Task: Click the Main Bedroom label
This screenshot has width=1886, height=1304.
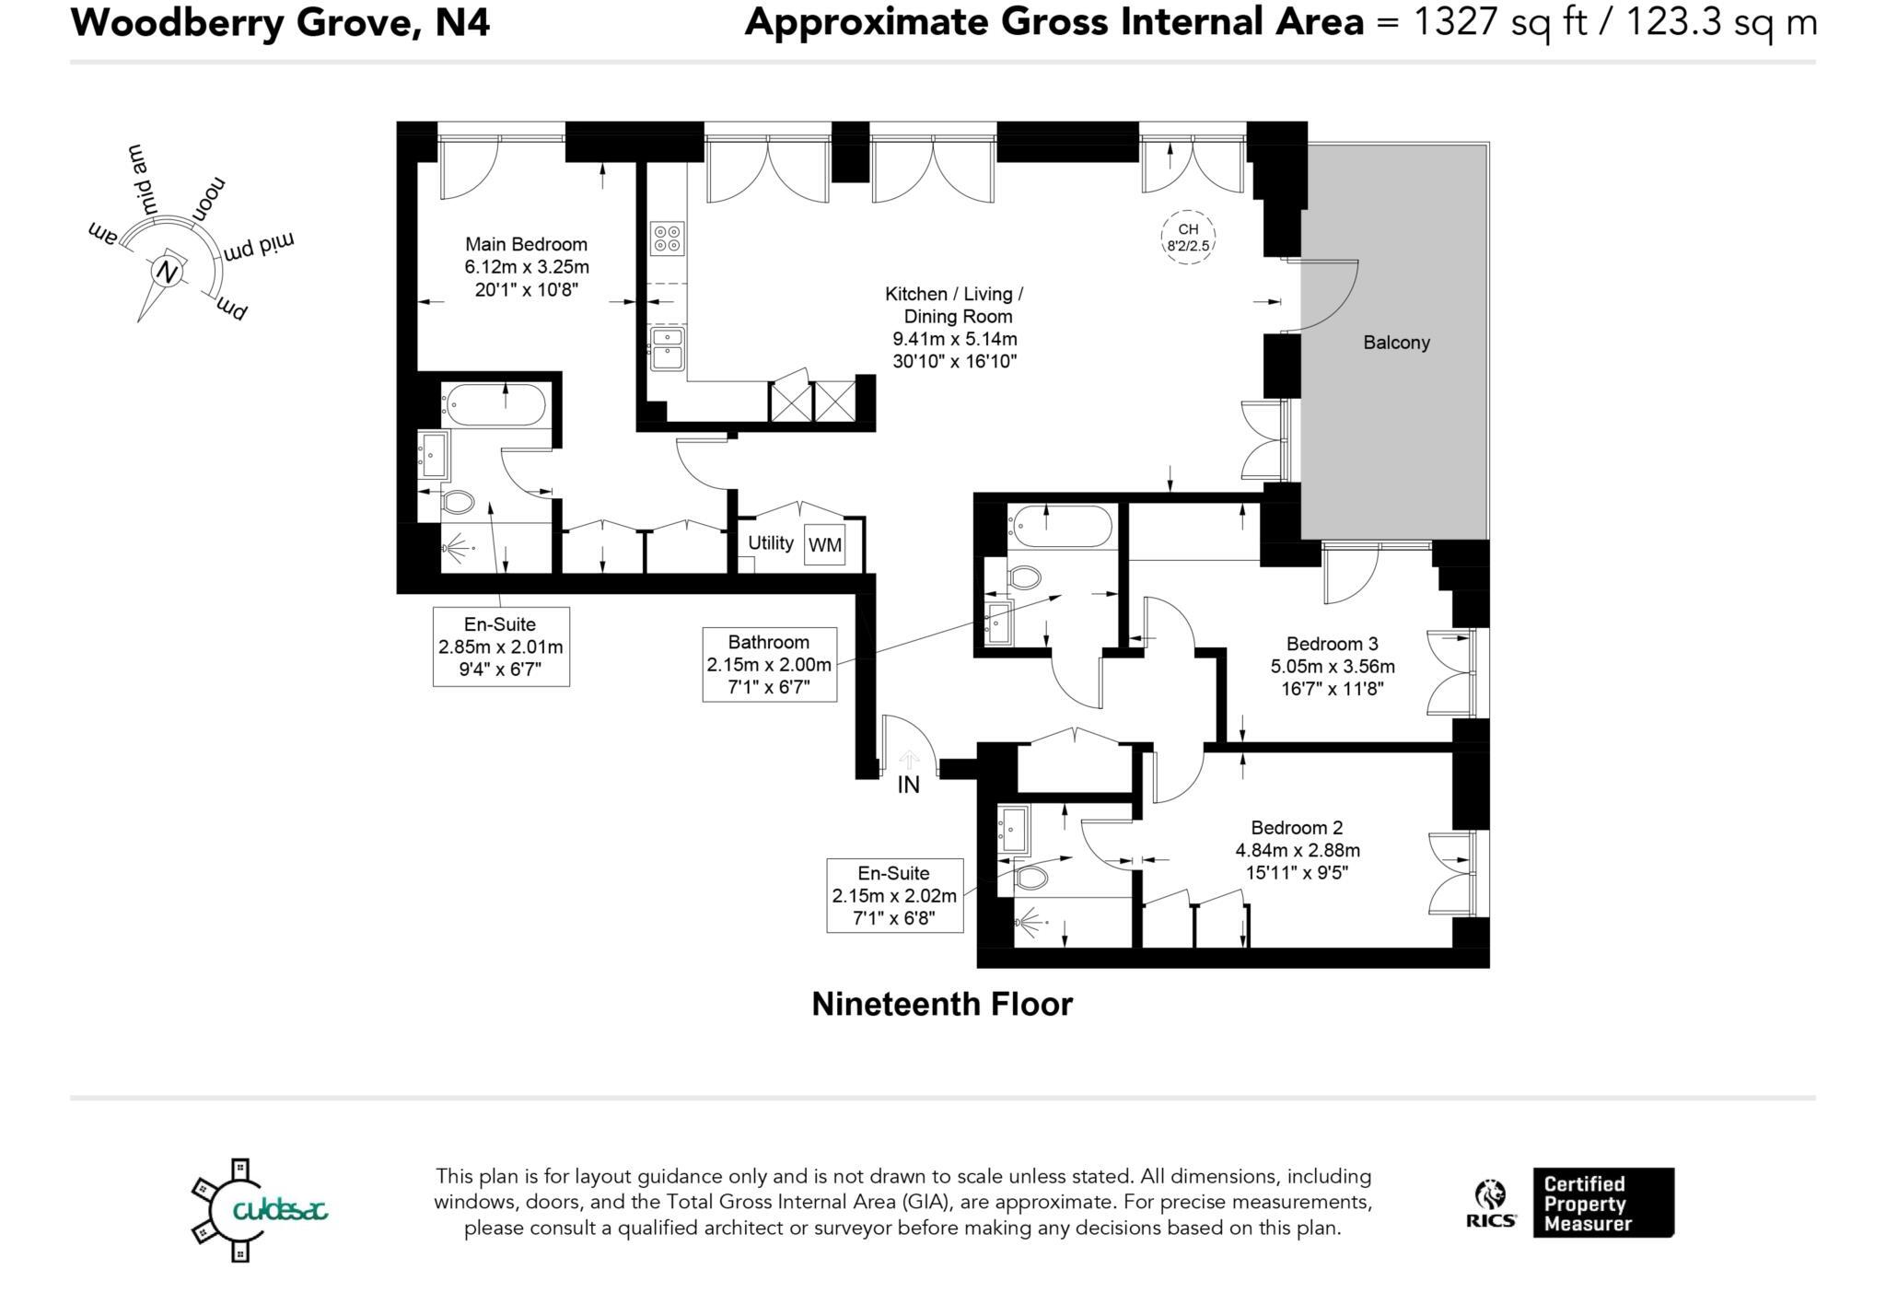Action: [526, 245]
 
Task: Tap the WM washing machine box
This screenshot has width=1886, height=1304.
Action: [824, 544]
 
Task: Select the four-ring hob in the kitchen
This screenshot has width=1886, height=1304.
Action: [667, 239]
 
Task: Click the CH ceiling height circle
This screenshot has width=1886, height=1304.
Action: [1188, 238]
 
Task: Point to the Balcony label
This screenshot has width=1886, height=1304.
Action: [1396, 343]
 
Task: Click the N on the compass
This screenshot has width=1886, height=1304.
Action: [167, 272]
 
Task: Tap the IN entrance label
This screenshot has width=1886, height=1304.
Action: [908, 785]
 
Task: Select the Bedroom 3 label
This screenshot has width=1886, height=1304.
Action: [1332, 644]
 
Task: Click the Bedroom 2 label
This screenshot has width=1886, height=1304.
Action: [1297, 828]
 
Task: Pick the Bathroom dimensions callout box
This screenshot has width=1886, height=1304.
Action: [769, 664]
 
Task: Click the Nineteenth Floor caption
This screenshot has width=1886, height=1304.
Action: [942, 1004]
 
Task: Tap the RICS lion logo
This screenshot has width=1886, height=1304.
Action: [1490, 1203]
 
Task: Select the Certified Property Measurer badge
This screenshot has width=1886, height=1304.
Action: [1602, 1203]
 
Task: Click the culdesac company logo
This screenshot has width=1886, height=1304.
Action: [259, 1209]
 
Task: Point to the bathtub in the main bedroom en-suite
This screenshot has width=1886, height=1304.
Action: [495, 405]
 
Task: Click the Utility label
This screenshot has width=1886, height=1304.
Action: [770, 542]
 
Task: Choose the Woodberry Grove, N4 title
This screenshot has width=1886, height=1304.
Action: [280, 22]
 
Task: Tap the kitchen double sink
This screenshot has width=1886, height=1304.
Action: [667, 348]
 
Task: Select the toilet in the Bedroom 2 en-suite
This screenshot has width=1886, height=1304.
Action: [1030, 877]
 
